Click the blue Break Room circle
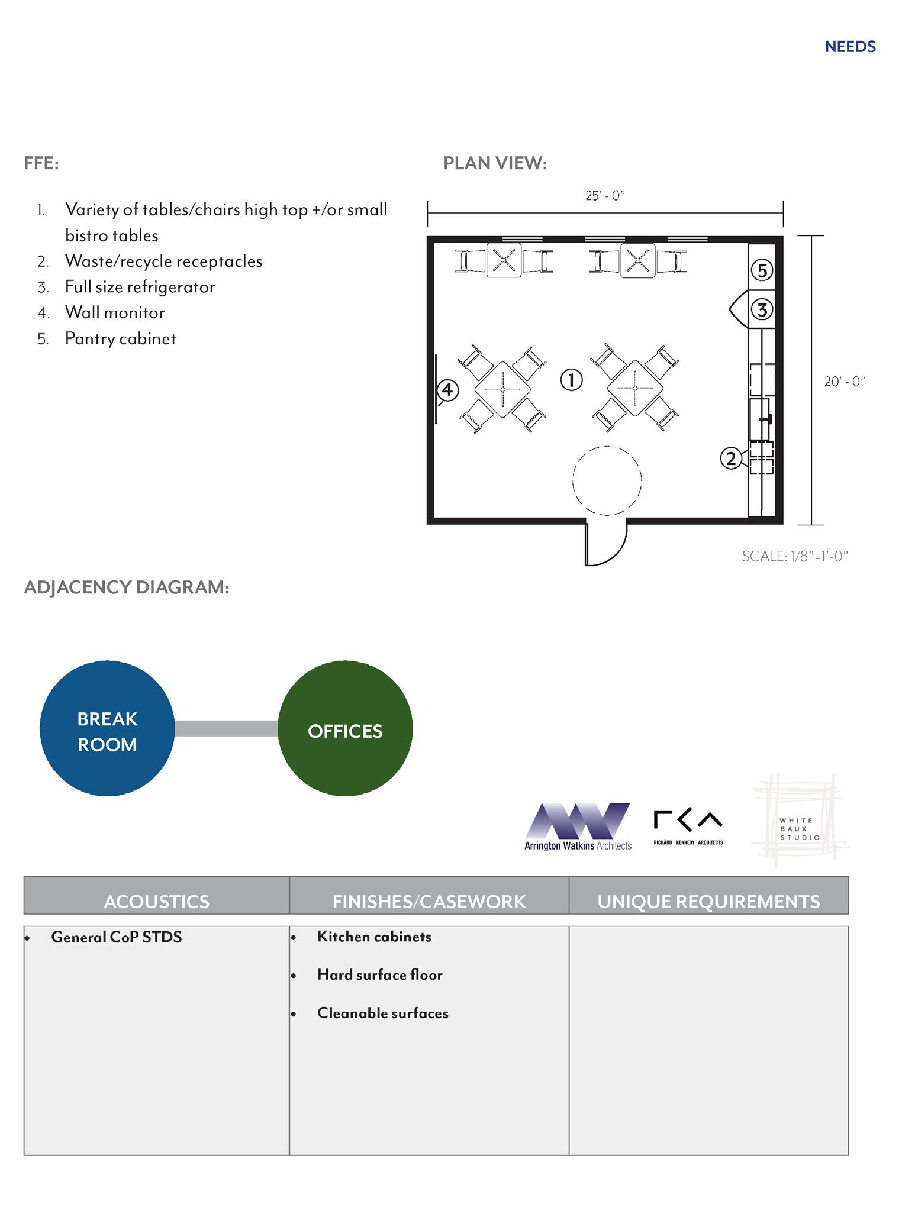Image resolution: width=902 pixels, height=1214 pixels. (107, 728)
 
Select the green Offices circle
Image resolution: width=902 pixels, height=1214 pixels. (345, 728)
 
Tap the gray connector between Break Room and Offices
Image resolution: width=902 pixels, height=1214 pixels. (226, 728)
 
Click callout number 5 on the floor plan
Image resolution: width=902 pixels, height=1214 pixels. (762, 270)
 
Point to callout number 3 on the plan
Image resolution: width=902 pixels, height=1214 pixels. (762, 309)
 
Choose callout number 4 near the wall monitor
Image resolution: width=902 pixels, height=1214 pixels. (447, 390)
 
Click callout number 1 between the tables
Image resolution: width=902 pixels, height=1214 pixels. (571, 380)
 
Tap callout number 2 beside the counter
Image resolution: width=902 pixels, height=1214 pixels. (731, 459)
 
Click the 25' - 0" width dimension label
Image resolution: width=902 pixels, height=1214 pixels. (605, 196)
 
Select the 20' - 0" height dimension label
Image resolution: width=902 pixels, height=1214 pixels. (845, 382)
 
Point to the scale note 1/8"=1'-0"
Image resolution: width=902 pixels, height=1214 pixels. (795, 556)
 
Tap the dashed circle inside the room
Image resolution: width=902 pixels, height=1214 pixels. (607, 480)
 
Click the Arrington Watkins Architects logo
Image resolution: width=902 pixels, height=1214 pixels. (578, 827)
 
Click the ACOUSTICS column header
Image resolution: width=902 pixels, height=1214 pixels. (157, 901)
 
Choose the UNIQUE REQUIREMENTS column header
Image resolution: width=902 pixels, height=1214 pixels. (708, 901)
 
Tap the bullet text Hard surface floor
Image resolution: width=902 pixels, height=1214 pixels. (379, 974)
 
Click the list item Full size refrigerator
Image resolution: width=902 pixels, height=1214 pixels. (140, 287)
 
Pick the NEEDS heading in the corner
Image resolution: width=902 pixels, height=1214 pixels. (850, 47)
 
